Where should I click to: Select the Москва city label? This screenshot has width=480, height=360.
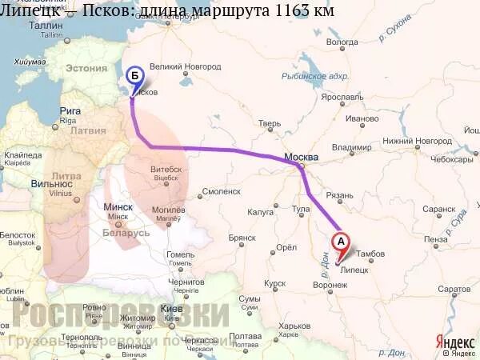click(302, 157)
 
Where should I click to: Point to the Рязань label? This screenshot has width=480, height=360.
click(339, 195)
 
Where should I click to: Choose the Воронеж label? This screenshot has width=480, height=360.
click(330, 284)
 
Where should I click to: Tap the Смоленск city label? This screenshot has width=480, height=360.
click(222, 192)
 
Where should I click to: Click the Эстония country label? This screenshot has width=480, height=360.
click(86, 69)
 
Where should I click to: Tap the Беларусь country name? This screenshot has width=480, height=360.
click(126, 233)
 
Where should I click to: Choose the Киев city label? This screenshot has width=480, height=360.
click(171, 309)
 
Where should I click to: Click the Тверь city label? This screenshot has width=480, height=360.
click(270, 123)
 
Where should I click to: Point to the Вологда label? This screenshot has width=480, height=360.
click(343, 41)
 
